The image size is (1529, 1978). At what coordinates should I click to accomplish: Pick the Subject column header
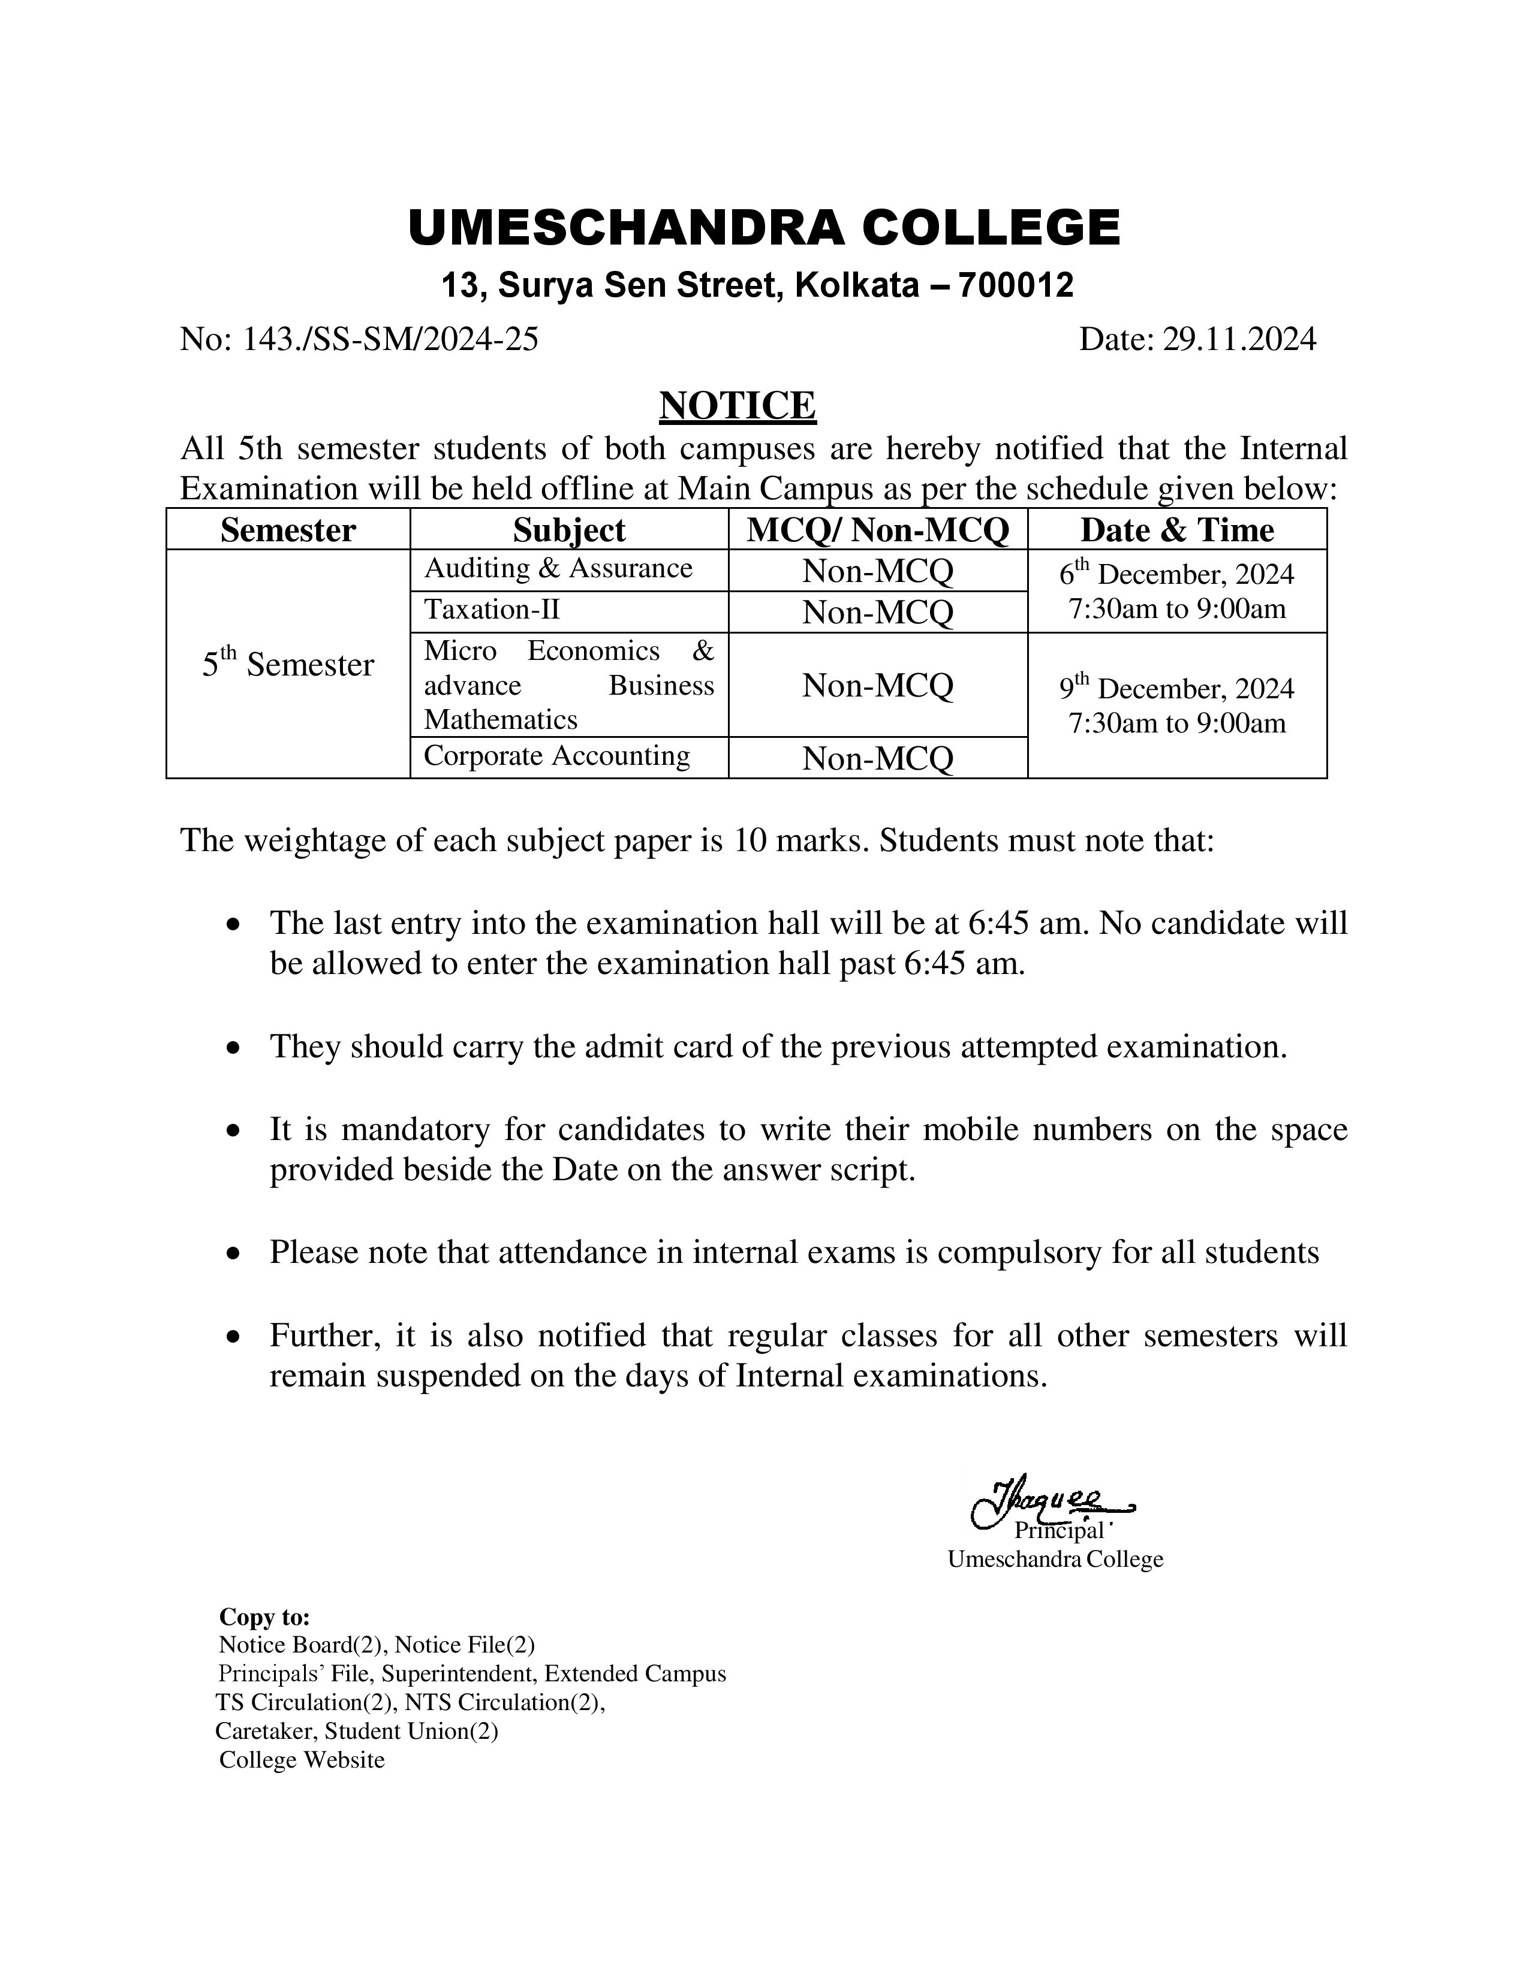point(569,530)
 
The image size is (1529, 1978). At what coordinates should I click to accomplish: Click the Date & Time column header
point(1176,530)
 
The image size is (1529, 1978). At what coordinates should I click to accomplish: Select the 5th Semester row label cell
point(288,664)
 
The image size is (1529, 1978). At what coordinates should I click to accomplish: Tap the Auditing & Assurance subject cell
point(558,569)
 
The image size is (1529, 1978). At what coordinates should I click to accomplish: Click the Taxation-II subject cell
point(492,610)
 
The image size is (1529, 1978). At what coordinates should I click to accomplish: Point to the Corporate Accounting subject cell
point(556,756)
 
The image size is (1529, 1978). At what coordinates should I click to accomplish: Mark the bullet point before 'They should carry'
point(234,1048)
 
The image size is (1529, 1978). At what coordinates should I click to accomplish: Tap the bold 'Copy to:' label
point(264,1617)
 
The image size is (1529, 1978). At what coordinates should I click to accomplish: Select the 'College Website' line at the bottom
point(302,1760)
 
